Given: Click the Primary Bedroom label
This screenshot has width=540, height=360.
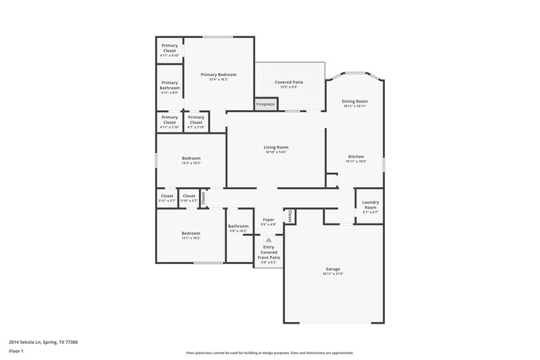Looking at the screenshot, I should click(x=219, y=74).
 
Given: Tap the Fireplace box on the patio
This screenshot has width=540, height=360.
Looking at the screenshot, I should click(x=265, y=104).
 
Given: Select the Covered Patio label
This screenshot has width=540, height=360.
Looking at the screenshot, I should click(x=288, y=82).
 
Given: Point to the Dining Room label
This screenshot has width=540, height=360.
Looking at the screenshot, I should click(x=354, y=101).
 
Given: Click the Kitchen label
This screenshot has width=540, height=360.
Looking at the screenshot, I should click(x=355, y=157).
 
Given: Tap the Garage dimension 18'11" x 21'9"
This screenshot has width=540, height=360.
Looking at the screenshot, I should click(x=333, y=274).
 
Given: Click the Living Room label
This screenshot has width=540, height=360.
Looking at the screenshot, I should click(x=276, y=147).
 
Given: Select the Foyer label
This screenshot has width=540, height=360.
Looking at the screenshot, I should click(x=268, y=220).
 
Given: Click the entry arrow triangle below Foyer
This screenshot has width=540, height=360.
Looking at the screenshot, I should click(x=268, y=240).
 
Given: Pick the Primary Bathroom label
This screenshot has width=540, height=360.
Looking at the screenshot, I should click(x=169, y=85).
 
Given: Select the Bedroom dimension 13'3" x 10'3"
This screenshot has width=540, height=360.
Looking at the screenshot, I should click(x=191, y=163).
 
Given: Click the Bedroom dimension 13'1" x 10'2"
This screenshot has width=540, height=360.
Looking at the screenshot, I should click(x=191, y=238).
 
